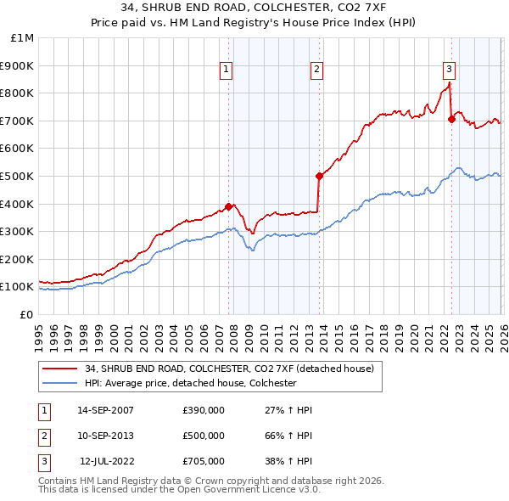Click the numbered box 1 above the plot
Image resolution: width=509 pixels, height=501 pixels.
click(227, 70)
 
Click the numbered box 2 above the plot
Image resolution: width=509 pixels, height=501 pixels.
click(316, 70)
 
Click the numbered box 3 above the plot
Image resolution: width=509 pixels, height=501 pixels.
click(449, 70)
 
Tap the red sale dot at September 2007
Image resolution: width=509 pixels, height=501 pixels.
click(229, 206)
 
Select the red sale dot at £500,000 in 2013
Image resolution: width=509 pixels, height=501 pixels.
click(319, 176)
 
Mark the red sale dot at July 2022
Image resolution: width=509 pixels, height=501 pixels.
click(451, 119)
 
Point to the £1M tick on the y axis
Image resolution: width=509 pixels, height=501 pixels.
click(24, 38)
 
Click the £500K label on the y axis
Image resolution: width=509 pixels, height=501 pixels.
click(19, 176)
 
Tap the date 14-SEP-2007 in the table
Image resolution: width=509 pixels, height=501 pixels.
click(105, 410)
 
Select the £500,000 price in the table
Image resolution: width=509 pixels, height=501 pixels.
click(204, 436)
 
